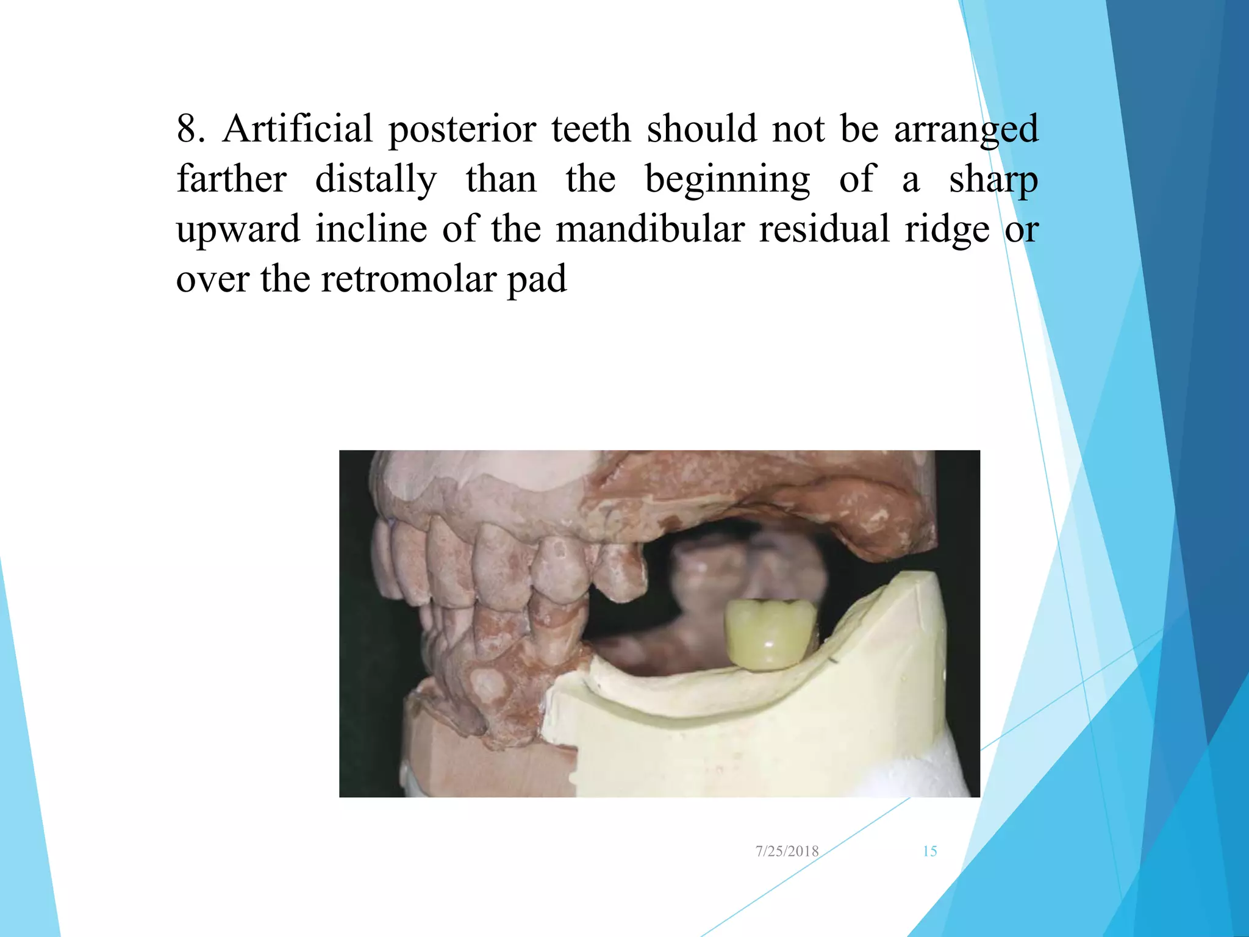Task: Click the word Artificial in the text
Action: (x=298, y=129)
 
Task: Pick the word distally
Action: (x=376, y=180)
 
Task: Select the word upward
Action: (x=238, y=231)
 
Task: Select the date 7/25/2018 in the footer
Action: (x=787, y=851)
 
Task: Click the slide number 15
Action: (x=929, y=851)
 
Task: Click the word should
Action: (x=701, y=129)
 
